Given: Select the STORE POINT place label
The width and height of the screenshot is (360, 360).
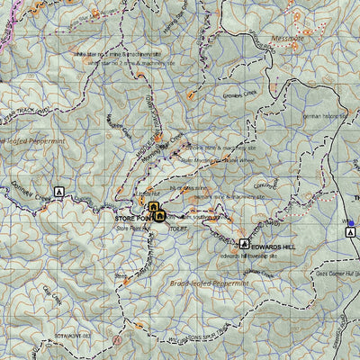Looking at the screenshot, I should (x=131, y=218).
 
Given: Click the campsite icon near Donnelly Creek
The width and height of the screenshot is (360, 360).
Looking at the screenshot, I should (x=59, y=192).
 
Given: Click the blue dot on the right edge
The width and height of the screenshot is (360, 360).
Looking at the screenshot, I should (x=351, y=222).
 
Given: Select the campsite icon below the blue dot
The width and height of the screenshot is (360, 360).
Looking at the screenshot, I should (x=349, y=233).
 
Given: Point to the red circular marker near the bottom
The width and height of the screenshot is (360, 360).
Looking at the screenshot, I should (x=117, y=343).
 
